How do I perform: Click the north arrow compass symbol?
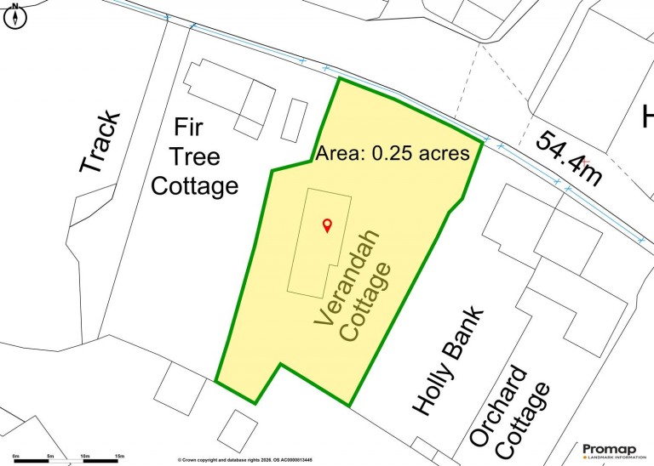click(15, 17)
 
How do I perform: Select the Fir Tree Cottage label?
click(195, 157)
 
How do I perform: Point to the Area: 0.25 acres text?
click(393, 154)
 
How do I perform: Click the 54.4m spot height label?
click(569, 158)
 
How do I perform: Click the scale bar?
click(66, 461)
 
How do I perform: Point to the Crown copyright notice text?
click(245, 460)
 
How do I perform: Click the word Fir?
click(188, 128)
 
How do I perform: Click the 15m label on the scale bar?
click(119, 456)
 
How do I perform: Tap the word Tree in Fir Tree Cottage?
click(197, 157)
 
